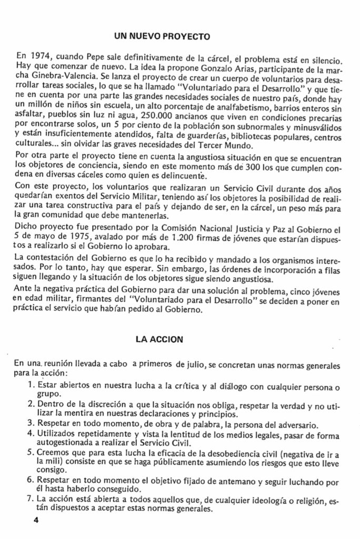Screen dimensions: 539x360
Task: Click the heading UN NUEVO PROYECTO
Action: point(163,37)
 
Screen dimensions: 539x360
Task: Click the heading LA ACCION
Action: point(159,340)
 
